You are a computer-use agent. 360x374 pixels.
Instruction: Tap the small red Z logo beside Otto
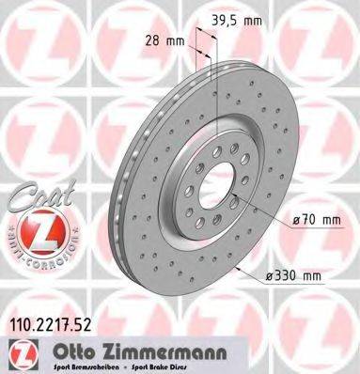(21, 354)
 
